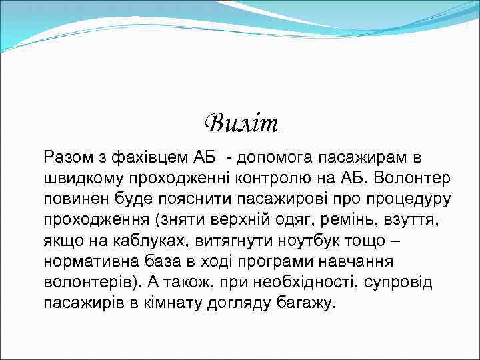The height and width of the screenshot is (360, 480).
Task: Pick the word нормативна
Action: (x=92, y=261)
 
